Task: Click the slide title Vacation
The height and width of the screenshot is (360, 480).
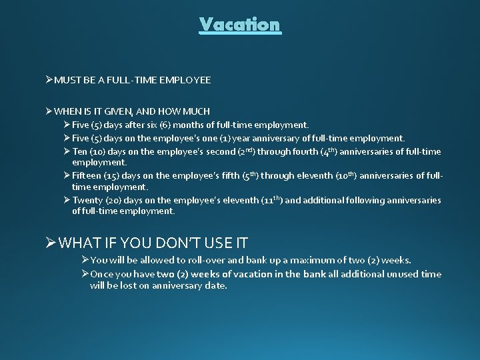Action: tap(240, 25)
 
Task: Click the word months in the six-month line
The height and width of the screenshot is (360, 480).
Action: tap(179, 125)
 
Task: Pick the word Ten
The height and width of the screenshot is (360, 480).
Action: tap(80, 152)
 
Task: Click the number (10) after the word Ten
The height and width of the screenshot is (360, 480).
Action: tap(99, 152)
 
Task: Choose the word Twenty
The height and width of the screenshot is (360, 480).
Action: tap(88, 201)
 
